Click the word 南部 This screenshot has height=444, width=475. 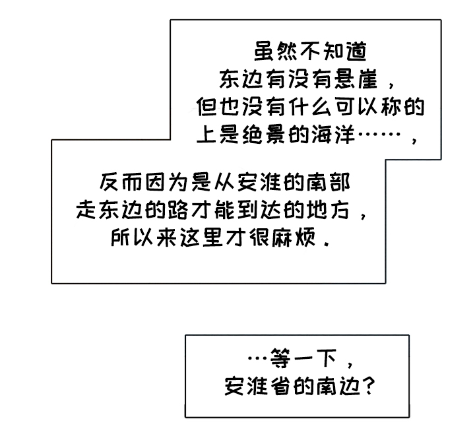tap(348, 181)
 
